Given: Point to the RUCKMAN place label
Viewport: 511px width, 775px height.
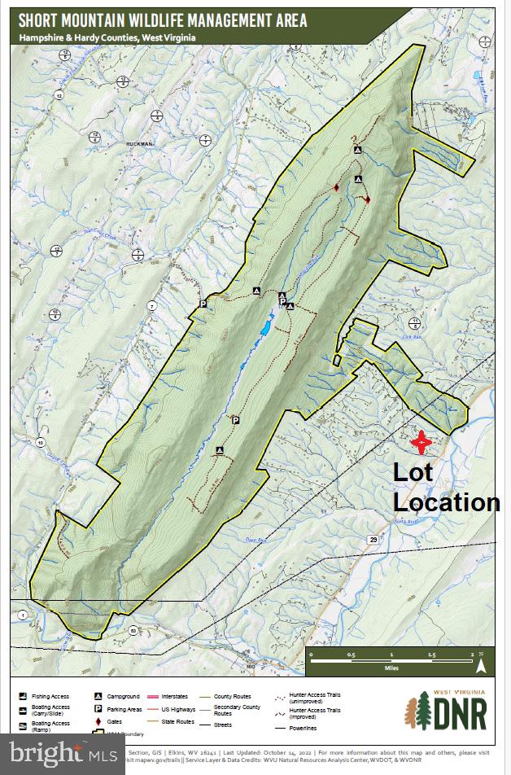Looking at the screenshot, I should tap(139, 143).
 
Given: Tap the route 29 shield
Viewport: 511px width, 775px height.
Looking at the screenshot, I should tap(373, 539).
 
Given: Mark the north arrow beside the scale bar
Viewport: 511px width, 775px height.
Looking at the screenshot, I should tap(481, 663).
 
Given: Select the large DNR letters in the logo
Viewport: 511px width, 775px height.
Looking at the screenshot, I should tap(460, 714).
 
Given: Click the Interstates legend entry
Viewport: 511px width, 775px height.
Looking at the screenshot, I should tap(174, 696).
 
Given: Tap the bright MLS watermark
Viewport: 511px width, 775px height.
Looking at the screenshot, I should tap(61, 753).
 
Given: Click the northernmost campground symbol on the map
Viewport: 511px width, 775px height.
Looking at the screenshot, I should tap(356, 151).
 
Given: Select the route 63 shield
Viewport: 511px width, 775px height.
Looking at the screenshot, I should tap(132, 629).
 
